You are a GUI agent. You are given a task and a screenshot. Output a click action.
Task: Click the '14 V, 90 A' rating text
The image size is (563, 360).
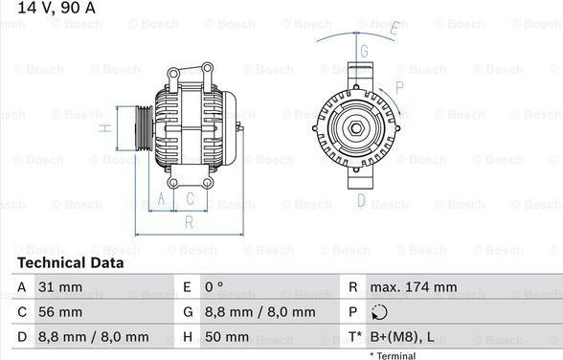(x=56, y=8)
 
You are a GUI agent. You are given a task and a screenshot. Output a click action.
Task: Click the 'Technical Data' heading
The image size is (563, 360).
(x=71, y=262)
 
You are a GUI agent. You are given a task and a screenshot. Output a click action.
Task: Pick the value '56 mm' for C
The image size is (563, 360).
(x=60, y=312)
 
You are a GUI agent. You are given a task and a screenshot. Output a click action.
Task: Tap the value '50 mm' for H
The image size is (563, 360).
(x=227, y=337)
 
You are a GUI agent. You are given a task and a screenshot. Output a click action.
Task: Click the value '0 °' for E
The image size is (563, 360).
(x=214, y=287)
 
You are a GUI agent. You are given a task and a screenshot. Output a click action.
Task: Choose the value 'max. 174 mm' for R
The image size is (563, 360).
(x=414, y=287)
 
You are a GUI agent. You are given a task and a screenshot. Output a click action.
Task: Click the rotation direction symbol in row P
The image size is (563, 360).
(x=379, y=312)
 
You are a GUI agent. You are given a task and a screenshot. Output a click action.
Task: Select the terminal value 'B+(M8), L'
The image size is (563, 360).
(x=402, y=337)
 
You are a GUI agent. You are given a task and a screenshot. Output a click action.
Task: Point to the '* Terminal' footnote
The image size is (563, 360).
(x=393, y=355)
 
